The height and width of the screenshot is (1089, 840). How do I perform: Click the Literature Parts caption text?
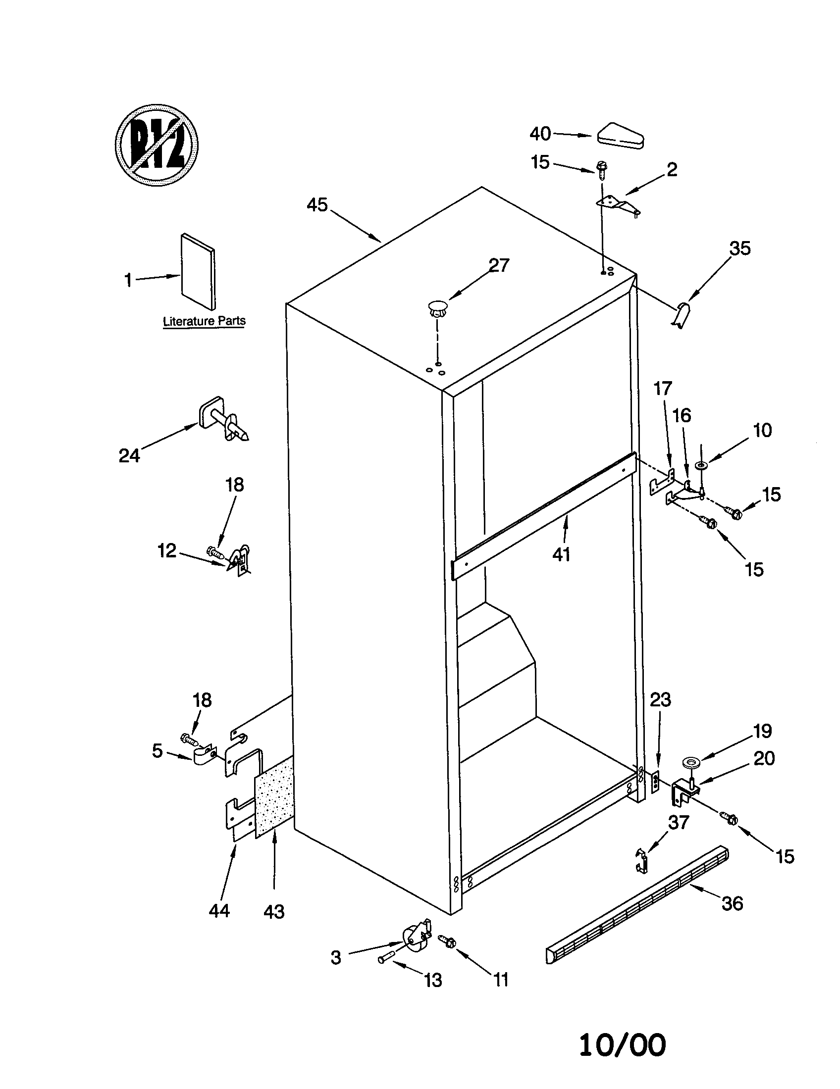(204, 321)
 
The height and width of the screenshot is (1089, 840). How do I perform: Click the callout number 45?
(317, 204)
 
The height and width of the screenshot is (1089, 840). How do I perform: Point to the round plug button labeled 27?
(437, 306)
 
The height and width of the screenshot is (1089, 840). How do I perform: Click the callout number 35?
(740, 248)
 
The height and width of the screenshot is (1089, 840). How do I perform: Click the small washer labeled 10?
(702, 465)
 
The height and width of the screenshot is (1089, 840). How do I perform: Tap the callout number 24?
(129, 455)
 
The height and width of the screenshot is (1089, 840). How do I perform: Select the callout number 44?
(219, 910)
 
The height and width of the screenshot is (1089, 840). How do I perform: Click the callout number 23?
(660, 700)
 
